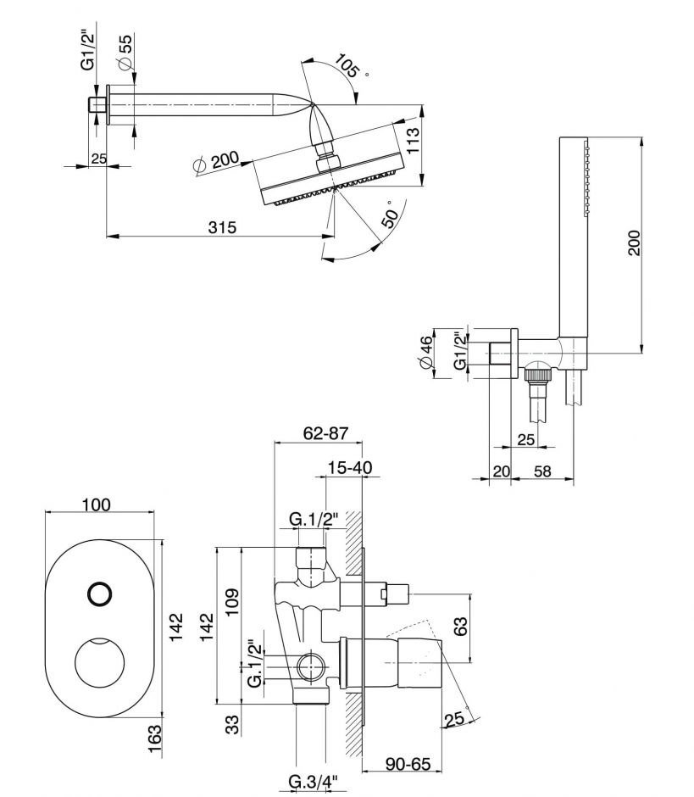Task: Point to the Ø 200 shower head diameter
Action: point(216,162)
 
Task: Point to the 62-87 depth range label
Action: point(325,433)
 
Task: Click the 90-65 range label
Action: point(404,764)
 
